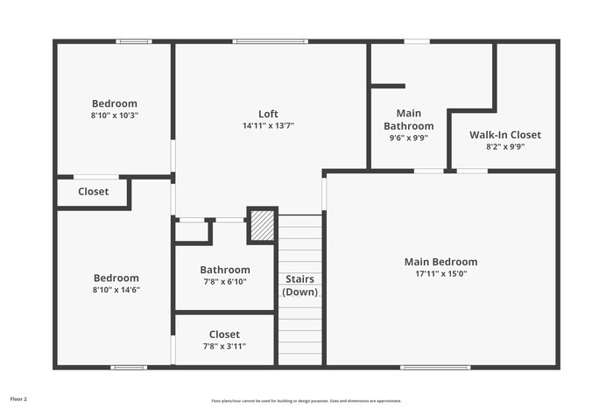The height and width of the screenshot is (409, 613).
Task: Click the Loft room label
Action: click(x=268, y=114)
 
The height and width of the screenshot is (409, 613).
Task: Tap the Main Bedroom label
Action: click(x=440, y=262)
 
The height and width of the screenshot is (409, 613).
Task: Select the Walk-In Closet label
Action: click(x=504, y=135)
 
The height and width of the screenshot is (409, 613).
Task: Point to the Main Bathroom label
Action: click(x=408, y=120)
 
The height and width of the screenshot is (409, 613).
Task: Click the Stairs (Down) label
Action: click(x=299, y=286)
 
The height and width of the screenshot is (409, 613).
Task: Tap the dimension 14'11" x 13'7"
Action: click(x=268, y=126)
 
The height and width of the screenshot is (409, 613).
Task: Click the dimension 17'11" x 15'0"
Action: click(x=440, y=274)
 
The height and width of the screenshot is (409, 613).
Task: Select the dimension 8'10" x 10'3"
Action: click(x=115, y=115)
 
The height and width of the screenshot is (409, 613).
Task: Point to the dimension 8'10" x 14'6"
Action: click(x=116, y=290)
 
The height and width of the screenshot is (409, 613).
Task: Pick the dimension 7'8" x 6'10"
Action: click(x=224, y=282)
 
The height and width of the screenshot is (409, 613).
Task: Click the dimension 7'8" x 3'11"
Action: click(x=224, y=346)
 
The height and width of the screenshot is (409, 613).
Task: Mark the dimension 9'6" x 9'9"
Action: click(x=408, y=138)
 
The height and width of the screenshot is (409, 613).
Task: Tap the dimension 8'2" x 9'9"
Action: click(x=504, y=147)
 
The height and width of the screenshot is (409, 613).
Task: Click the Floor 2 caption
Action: click(x=18, y=398)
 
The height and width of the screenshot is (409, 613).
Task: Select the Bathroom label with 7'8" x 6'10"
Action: click(x=224, y=270)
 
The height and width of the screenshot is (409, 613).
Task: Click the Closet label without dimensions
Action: click(x=93, y=192)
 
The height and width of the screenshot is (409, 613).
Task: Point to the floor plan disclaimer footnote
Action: click(x=306, y=399)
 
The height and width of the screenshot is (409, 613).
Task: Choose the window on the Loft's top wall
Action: click(x=264, y=41)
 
